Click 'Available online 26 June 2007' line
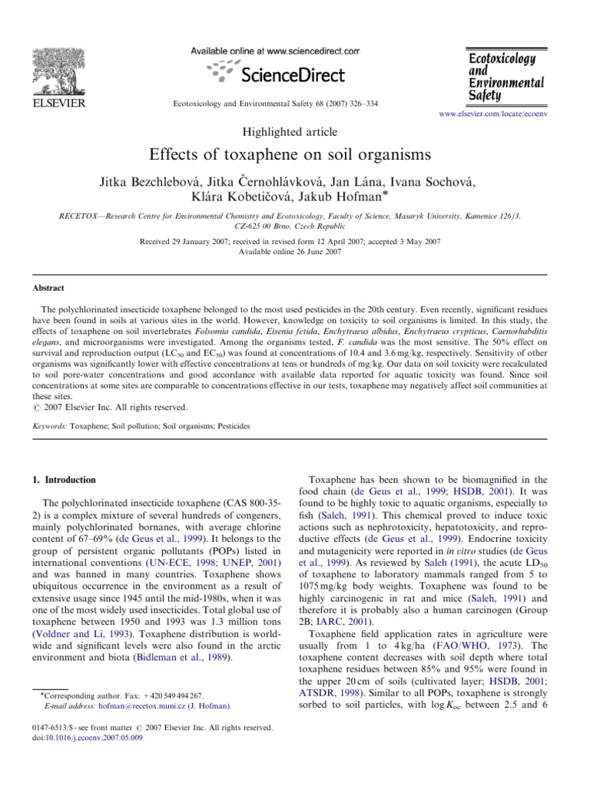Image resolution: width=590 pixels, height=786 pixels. point(295,251)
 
